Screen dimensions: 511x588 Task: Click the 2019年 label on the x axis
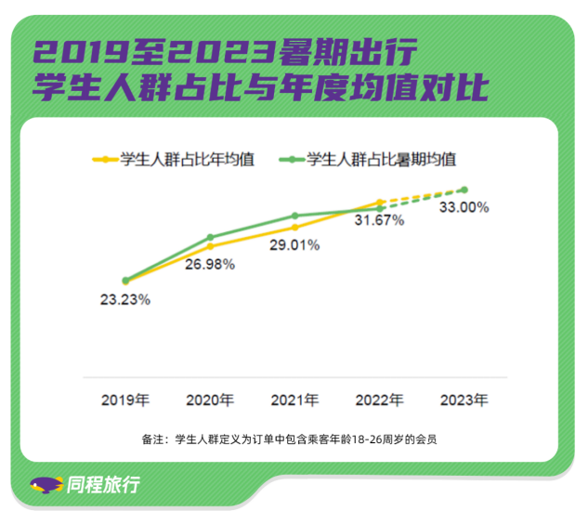coord(125,400)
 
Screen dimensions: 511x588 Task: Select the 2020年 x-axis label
coord(210,400)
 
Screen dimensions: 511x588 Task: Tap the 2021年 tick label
coord(294,400)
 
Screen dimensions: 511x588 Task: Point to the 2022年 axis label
coord(379,400)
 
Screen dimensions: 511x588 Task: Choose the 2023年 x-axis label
coord(464,400)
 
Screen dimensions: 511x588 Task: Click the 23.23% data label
coord(125,300)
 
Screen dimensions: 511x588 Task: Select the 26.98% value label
coord(210,264)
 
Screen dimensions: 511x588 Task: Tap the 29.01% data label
coord(294,245)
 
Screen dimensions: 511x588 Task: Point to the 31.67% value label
coord(379,220)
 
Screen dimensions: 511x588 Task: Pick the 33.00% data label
coord(464,208)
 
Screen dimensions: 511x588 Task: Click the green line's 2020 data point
coord(210,237)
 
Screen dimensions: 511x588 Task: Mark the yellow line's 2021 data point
coord(294,227)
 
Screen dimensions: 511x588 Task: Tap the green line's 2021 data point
coord(294,216)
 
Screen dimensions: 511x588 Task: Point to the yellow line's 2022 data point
coord(379,202)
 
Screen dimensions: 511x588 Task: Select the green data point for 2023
coord(464,190)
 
